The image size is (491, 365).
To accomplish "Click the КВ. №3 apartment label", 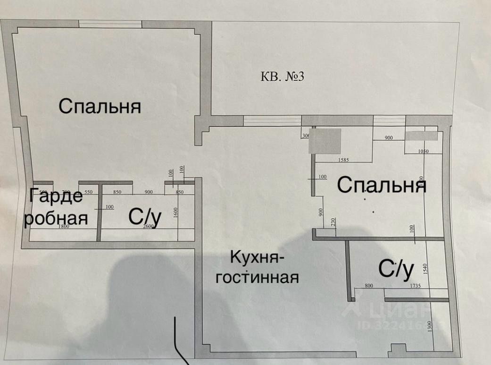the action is point(283,76).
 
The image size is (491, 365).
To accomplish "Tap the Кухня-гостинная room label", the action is point(258,267).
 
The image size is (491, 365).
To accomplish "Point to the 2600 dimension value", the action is point(148,227).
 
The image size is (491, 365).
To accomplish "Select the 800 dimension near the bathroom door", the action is point(369,285).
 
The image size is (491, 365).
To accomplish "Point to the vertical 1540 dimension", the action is point(425,270).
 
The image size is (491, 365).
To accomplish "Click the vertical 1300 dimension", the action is point(429,327).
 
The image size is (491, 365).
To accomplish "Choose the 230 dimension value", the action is point(333,221).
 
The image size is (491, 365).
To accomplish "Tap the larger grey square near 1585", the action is point(325,141).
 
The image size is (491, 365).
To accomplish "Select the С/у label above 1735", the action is point(396,269).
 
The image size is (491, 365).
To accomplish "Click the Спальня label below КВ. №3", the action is point(100,106).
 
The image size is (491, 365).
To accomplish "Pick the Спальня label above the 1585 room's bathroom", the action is point(382,185).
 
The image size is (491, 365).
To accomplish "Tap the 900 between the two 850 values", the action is point(148,192).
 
